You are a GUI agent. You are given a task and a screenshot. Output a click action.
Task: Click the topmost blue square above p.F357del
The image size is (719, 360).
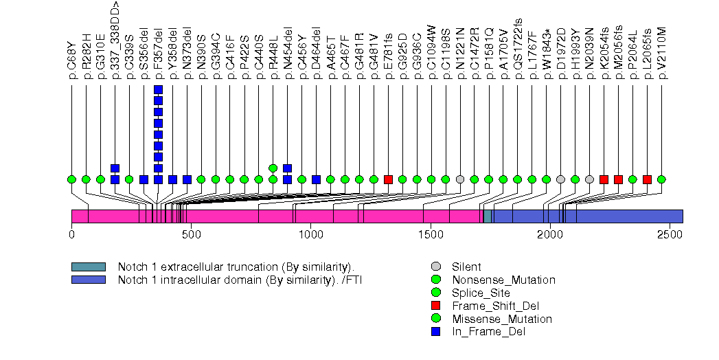158,90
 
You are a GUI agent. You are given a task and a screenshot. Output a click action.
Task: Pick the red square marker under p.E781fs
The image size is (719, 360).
388,179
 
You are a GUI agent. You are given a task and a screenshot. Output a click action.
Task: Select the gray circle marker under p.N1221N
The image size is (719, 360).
460,179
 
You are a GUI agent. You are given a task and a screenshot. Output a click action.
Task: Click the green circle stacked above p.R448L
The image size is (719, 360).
273,168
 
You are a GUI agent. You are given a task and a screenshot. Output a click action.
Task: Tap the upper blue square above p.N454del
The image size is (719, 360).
288,168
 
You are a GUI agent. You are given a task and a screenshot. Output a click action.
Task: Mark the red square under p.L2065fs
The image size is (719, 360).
647,179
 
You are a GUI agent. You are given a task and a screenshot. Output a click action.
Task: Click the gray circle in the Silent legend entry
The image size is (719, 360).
436,267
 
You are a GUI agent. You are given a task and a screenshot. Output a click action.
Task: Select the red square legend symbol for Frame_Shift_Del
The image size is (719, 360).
436,306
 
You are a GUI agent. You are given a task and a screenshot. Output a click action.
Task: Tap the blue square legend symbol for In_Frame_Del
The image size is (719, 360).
436,332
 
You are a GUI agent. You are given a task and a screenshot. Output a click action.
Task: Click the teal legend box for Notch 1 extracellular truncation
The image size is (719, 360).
88,267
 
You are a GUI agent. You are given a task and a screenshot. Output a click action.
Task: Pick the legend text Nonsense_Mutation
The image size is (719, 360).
503,280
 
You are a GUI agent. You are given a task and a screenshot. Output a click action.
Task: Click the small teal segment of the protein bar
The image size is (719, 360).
488,216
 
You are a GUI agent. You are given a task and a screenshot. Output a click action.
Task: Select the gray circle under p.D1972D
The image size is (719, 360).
560,179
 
